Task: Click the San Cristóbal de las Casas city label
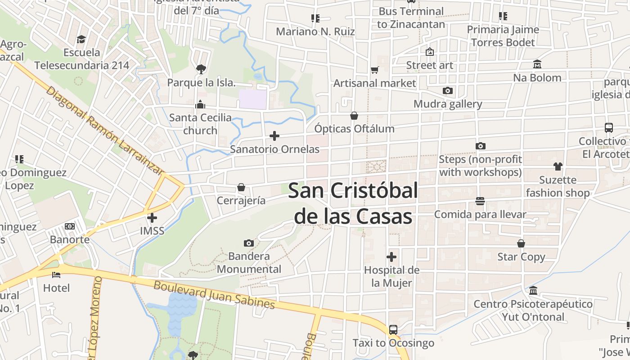[353, 203]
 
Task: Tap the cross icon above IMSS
[152, 218]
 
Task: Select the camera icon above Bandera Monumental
[248, 243]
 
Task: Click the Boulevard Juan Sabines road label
[214, 295]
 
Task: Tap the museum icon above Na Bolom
[537, 64]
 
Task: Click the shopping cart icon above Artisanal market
[374, 70]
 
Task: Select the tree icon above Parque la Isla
[201, 69]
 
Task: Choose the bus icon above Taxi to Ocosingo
[393, 329]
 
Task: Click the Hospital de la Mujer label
[391, 276]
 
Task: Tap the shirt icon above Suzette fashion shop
[558, 166]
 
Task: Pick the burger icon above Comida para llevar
[480, 201]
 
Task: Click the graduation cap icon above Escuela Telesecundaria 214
[81, 39]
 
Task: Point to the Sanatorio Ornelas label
[274, 149]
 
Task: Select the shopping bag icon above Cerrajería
[241, 187]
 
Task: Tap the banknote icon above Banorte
[70, 226]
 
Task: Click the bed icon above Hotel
[56, 274]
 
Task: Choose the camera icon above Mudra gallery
[447, 90]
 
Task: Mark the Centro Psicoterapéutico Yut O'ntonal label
[533, 310]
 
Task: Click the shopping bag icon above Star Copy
[521, 243]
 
